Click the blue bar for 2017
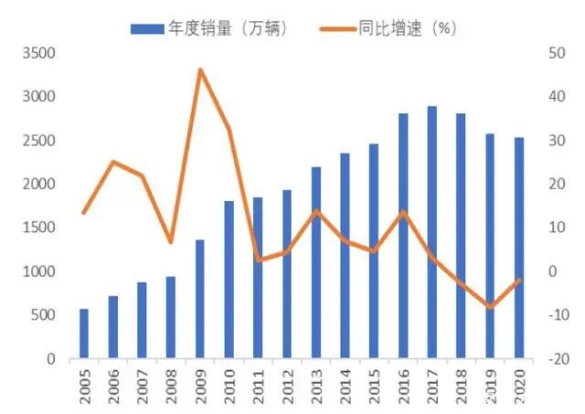432,232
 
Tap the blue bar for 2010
229,279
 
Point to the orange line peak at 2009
200,69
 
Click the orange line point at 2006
113,162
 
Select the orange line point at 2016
403,212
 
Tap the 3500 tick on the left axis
38,53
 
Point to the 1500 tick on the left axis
38,228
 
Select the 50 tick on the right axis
555,53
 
